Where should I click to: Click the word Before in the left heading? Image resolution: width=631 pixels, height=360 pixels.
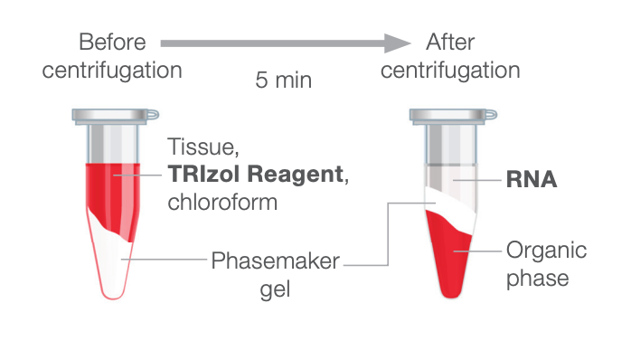pos(112,42)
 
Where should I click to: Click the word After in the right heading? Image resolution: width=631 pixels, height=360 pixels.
pos(450,42)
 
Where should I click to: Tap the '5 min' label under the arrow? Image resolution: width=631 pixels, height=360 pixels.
pos(283,80)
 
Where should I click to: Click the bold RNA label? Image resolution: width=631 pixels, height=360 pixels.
pos(531,179)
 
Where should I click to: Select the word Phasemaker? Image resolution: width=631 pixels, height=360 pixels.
pos(276,261)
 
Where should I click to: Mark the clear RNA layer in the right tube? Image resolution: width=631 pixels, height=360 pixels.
pos(449,181)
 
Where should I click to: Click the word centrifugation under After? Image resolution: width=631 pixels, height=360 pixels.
pos(450,70)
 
